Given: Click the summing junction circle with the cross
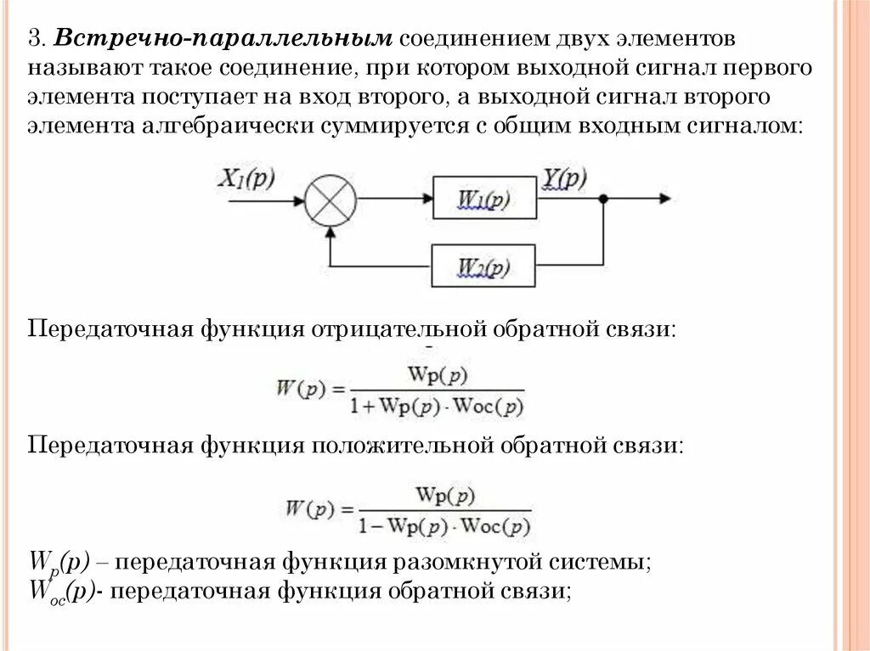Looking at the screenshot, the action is click(x=330, y=201).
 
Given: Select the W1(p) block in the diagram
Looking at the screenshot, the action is click(x=484, y=201).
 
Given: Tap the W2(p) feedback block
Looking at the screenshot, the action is click(x=484, y=267).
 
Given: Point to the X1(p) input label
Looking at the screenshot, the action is click(x=247, y=179).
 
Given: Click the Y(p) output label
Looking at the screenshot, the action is click(x=565, y=178).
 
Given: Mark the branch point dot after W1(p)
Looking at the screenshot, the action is click(x=603, y=200).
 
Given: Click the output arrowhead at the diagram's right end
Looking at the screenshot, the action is click(x=664, y=200).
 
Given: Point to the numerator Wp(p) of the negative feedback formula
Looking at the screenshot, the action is click(x=438, y=373).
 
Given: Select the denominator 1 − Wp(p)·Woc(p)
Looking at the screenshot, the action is click(x=444, y=525).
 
